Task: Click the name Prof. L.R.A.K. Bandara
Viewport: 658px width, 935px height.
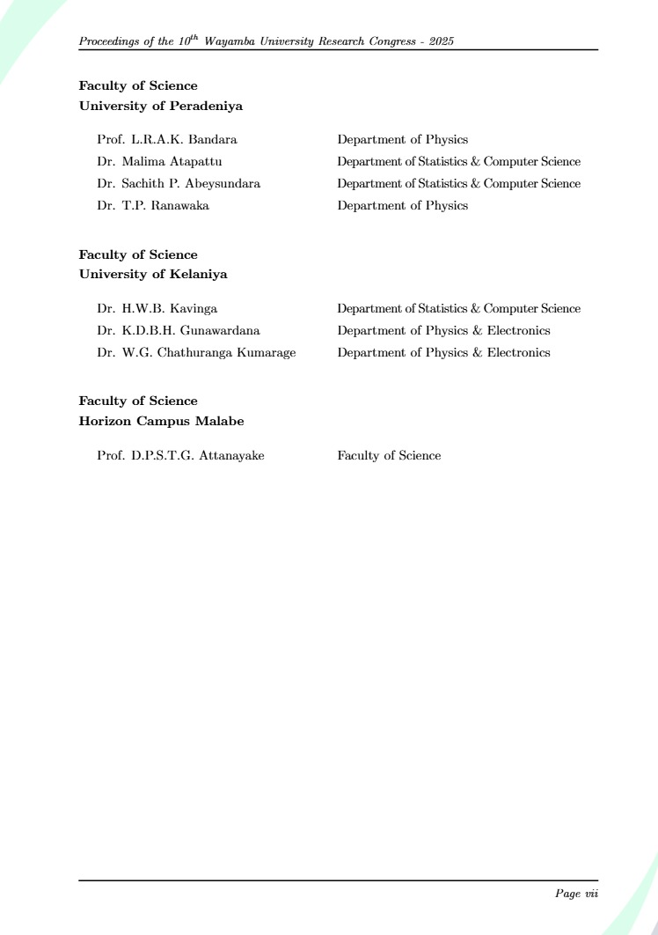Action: pos(167,140)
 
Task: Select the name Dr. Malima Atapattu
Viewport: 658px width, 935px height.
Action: pos(159,162)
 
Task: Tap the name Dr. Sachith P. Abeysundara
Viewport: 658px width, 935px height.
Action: pos(179,184)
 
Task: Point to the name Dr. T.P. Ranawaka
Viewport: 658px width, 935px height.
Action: pos(153,206)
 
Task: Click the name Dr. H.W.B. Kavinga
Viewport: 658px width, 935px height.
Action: pos(157,309)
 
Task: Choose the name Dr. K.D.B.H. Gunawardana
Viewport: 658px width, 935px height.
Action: pos(179,331)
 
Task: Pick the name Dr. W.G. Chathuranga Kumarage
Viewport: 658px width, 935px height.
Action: pos(196,353)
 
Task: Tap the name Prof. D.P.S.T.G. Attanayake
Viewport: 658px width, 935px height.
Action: pos(180,456)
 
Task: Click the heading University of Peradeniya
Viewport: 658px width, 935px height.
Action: pos(161,107)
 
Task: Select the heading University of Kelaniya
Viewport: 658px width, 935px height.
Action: pos(153,275)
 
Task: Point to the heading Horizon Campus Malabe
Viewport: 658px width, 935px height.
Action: pos(162,422)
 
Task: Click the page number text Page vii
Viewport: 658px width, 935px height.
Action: pos(576,894)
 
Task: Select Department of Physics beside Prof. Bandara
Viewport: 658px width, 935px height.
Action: pos(402,140)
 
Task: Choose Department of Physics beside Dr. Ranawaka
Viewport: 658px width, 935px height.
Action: pos(402,206)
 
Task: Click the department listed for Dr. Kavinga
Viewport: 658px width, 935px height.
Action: pos(458,309)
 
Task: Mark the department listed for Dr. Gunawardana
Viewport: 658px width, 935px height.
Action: pos(443,331)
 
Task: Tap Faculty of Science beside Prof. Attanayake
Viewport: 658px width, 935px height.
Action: pos(389,456)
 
